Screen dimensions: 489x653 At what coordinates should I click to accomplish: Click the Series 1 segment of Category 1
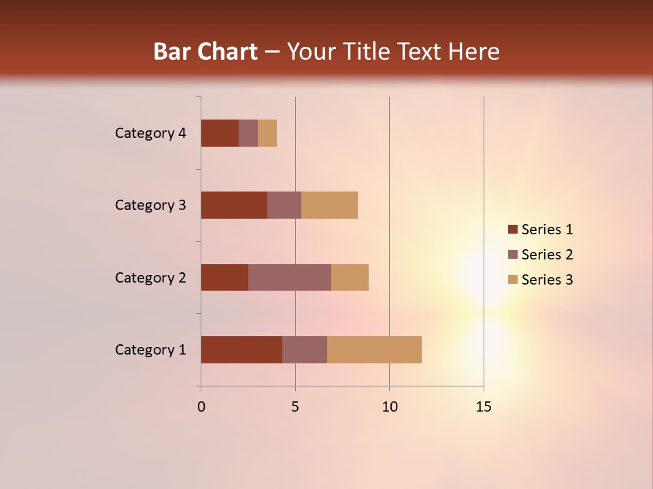241,350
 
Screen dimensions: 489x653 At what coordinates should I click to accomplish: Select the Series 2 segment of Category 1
305,350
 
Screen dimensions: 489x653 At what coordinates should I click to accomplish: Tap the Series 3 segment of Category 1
374,350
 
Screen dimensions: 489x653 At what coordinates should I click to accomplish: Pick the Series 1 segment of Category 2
224,277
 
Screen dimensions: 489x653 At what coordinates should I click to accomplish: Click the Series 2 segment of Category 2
290,277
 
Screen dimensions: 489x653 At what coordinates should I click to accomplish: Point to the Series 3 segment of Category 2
350,277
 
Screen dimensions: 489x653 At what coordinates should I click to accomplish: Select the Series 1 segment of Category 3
234,205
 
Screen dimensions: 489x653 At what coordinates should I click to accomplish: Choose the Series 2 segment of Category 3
284,205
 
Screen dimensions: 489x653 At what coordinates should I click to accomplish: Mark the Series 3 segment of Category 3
329,205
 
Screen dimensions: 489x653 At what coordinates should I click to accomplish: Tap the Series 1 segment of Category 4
220,133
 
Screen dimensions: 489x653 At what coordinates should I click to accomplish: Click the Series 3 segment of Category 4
267,133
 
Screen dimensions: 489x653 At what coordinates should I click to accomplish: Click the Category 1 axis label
150,350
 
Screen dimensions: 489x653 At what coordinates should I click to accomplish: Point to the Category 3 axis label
150,205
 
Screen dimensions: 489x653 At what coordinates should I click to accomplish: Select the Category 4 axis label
150,133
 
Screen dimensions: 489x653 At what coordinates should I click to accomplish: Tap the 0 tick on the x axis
201,407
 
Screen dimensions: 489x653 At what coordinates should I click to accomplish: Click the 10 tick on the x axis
389,407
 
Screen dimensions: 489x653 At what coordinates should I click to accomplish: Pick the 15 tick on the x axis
484,407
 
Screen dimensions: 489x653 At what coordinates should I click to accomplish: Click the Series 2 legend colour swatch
513,255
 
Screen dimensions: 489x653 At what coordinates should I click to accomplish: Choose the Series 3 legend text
547,280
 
